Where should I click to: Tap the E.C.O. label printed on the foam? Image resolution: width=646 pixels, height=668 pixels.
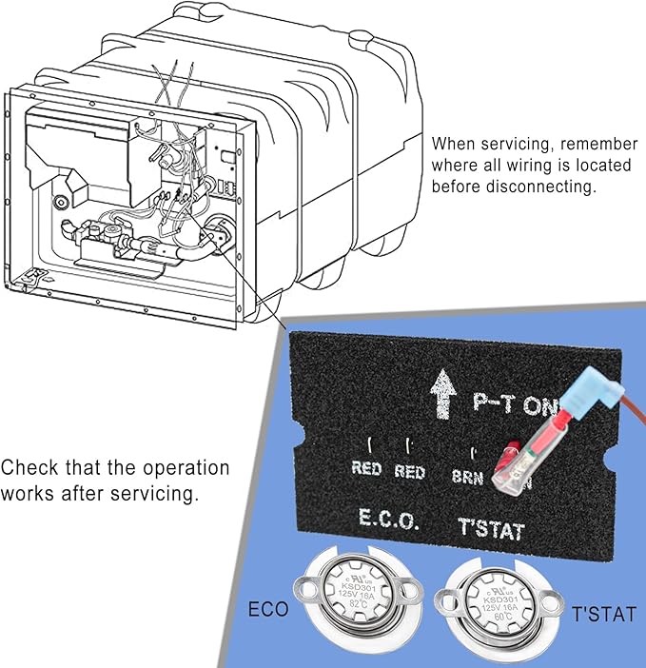tap(387, 520)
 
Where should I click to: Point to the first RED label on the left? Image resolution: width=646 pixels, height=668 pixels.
tap(367, 469)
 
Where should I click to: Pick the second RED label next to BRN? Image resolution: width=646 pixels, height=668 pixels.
tap(411, 470)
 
